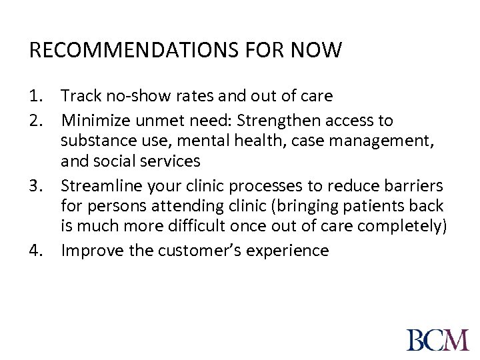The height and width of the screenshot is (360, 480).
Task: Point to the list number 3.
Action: click(37, 185)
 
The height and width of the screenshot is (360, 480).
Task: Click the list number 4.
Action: click(37, 251)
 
